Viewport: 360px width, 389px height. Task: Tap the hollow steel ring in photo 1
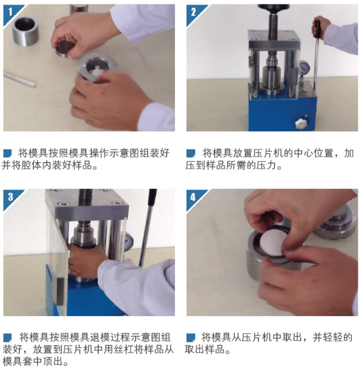pyautogui.click(x=25, y=31)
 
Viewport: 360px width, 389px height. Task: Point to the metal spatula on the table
pyautogui.click(x=19, y=79)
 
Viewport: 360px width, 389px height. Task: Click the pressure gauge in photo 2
pyautogui.click(x=303, y=66)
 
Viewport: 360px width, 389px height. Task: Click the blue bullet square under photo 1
pyautogui.click(x=7, y=153)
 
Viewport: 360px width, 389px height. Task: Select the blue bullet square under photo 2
pyautogui.click(x=191, y=153)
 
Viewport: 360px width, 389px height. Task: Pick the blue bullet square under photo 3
pyautogui.click(x=7, y=338)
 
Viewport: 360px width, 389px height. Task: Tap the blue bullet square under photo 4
pyautogui.click(x=191, y=338)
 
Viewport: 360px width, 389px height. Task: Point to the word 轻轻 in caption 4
pyautogui.click(x=333, y=338)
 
